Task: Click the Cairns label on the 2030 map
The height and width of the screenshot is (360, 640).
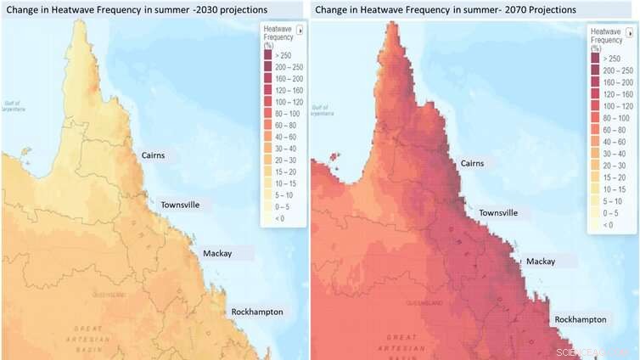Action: [x=153, y=155]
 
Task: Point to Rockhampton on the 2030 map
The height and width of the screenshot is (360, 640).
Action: [x=257, y=312]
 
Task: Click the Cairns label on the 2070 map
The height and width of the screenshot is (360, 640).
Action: [x=478, y=163]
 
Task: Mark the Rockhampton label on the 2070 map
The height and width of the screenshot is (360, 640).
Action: [x=581, y=319]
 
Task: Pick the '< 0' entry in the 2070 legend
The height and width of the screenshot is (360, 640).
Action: [x=608, y=225]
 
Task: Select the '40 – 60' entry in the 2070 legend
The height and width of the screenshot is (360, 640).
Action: [x=614, y=142]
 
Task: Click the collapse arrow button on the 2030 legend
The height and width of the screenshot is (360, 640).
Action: [x=299, y=29]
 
